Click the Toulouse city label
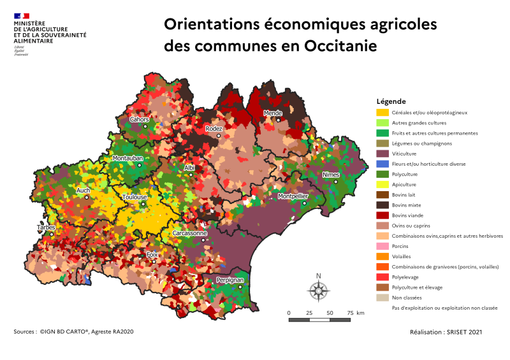pos(135,197)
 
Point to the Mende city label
pos(273,113)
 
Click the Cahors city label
pos(139,119)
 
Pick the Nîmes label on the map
pos(331,175)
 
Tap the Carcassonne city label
pos(190,233)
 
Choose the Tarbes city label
pos(46,227)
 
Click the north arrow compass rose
pos(317,290)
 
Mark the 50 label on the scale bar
pos(330,313)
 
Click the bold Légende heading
pos(391,101)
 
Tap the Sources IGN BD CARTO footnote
pos(73,331)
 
